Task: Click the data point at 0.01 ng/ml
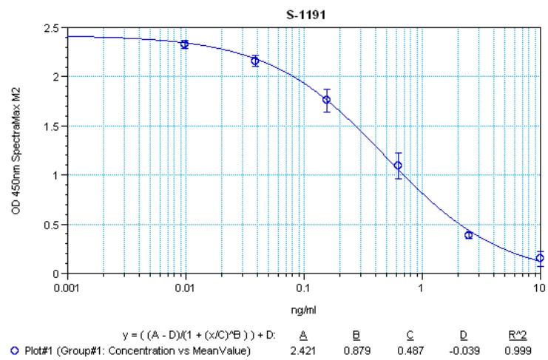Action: (x=185, y=44)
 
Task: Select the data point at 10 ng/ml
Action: (x=540, y=258)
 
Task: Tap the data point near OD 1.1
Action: (x=399, y=166)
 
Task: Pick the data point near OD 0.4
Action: (x=469, y=234)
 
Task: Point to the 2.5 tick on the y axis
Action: (x=55, y=27)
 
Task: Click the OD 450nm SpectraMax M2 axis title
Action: (x=16, y=150)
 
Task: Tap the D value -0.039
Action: (x=465, y=350)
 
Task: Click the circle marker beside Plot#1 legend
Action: (x=7, y=350)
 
